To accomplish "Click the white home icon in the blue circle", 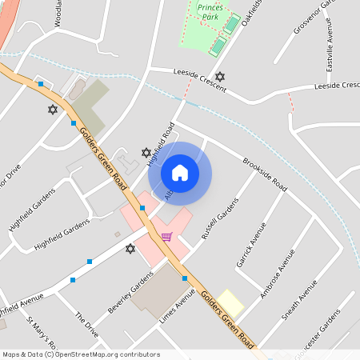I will pos(180,173).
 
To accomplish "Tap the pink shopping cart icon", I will pos(166,236).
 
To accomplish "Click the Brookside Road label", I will pos(265,171).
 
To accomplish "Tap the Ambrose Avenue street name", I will pos(277,272).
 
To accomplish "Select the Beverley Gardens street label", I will pos(130,292).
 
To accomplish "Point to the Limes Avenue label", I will pos(177,306).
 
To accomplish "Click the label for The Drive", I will pos(86,324).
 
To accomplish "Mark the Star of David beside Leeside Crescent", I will pos(220,76).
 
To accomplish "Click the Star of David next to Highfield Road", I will pos(146,152).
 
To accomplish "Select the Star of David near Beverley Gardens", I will pos(130,249).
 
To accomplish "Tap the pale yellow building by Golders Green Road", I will pos(231,302).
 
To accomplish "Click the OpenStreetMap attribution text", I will pos(82,354).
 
